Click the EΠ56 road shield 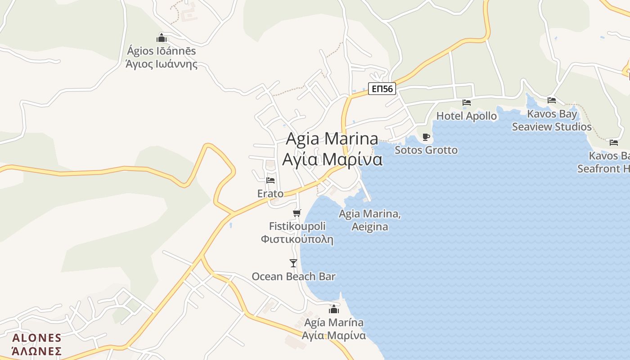(x=382, y=89)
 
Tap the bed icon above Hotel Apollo (x=467, y=103)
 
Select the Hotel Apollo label (x=467, y=116)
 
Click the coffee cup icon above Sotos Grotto (x=426, y=137)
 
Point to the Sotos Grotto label (x=426, y=150)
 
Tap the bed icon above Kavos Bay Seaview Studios (x=552, y=100)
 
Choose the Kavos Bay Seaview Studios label (x=552, y=121)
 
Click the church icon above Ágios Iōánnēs (x=162, y=38)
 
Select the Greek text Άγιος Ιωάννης (x=162, y=63)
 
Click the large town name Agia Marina (x=332, y=139)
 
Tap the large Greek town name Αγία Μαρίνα (x=332, y=160)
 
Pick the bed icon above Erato (x=270, y=180)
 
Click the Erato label (x=270, y=193)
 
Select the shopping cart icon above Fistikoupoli (x=297, y=213)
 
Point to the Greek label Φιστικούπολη (x=297, y=239)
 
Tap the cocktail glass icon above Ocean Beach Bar (x=293, y=263)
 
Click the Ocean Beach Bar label (x=293, y=276)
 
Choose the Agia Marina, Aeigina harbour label (x=370, y=220)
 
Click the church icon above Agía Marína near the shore (x=334, y=309)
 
